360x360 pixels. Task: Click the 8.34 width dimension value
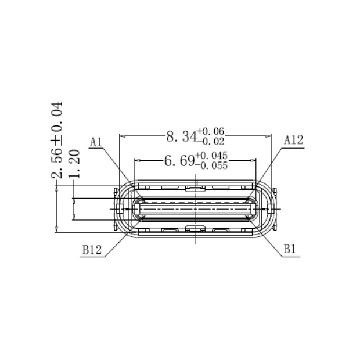(181, 137)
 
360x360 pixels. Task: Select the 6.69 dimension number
(179, 161)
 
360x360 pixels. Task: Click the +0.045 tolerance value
(211, 156)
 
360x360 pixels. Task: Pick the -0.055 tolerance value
(211, 165)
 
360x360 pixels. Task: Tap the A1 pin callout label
(96, 141)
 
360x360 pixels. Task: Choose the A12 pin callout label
(293, 140)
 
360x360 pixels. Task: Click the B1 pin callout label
(290, 250)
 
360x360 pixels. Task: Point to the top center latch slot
(194, 188)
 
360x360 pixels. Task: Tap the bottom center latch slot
(194, 229)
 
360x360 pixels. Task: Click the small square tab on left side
(119, 208)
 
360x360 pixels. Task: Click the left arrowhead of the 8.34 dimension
(121, 137)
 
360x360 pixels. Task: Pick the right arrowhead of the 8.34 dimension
(268, 137)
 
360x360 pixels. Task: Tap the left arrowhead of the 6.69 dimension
(136, 161)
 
